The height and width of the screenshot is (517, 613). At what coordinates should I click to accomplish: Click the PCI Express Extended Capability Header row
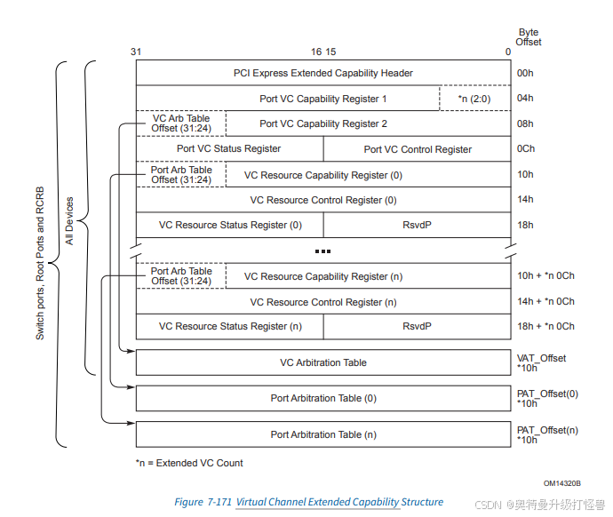[322, 73]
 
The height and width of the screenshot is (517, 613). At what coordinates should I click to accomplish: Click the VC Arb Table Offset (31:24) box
[181, 123]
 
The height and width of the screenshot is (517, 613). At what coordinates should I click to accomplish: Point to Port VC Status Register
[229, 149]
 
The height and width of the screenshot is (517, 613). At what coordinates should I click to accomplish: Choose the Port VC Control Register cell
[417, 149]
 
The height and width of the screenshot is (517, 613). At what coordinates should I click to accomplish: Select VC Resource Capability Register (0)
[323, 175]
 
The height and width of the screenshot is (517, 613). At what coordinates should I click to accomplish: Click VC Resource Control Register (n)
[322, 302]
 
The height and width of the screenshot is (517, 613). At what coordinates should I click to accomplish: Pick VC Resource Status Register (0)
[230, 225]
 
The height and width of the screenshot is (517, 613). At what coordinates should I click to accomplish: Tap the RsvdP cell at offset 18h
[417, 225]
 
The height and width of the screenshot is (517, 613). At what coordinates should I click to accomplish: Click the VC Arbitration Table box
[322, 362]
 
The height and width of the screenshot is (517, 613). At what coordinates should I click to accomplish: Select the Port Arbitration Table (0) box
[322, 398]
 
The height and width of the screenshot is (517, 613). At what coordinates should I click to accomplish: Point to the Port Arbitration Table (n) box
[322, 434]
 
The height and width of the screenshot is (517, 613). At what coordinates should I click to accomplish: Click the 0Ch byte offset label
[526, 149]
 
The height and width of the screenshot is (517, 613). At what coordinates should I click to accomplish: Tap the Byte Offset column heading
[529, 37]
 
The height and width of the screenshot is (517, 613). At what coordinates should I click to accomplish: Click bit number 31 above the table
[136, 52]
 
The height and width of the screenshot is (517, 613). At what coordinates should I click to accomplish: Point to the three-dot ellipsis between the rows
[323, 251]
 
